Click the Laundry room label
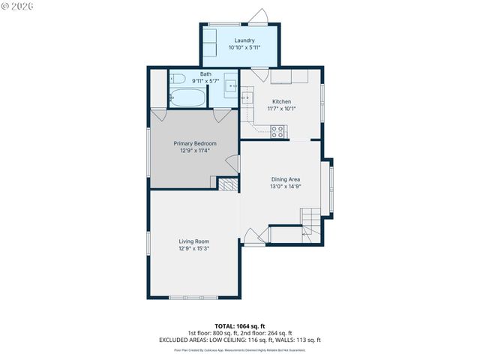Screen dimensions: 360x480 pyautogui.click(x=244, y=40)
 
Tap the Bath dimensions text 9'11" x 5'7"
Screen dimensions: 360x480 pyautogui.click(x=205, y=80)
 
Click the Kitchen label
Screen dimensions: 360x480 pyautogui.click(x=281, y=101)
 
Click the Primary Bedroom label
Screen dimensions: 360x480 pyautogui.click(x=195, y=143)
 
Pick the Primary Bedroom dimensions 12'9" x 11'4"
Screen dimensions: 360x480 pyautogui.click(x=195, y=151)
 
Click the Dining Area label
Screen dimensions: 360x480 pyautogui.click(x=286, y=179)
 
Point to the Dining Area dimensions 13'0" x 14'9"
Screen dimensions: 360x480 pyautogui.click(x=286, y=187)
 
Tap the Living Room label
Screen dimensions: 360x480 pyautogui.click(x=193, y=241)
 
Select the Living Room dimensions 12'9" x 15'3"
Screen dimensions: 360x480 pyautogui.click(x=193, y=248)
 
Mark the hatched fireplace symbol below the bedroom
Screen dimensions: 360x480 pyautogui.click(x=227, y=184)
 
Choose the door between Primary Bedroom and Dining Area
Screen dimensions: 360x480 pyautogui.click(x=233, y=163)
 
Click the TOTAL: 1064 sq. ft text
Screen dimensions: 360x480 pyautogui.click(x=240, y=325)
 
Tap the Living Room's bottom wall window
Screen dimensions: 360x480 pyautogui.click(x=193, y=298)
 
